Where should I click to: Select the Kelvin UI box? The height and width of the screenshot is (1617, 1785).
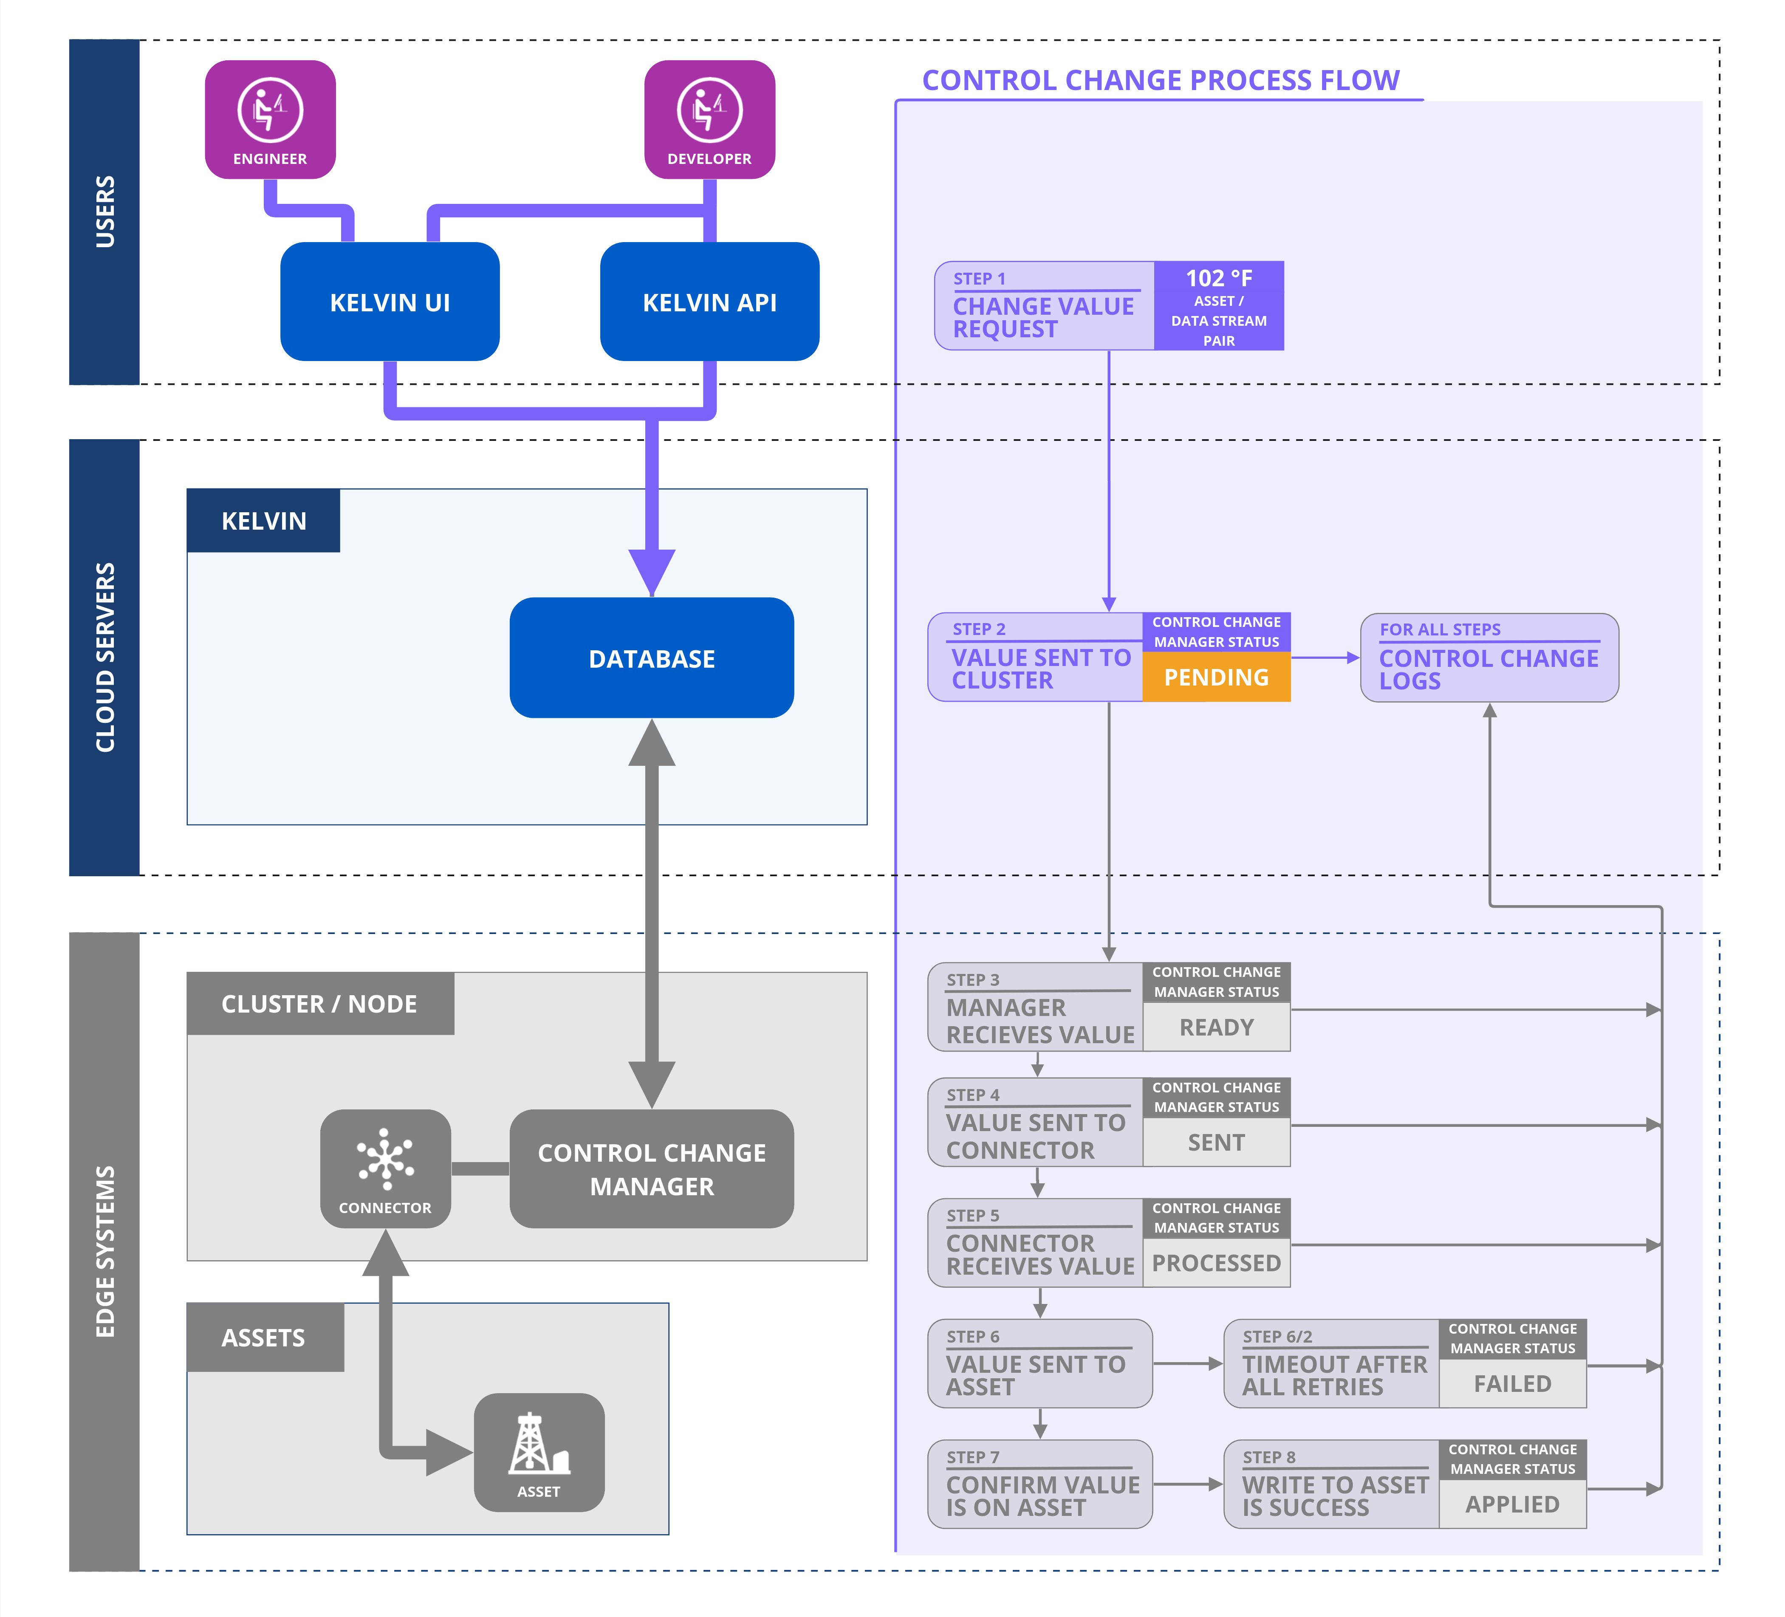390,302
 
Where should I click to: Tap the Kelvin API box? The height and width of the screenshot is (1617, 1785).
709,302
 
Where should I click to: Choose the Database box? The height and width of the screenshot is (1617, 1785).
652,658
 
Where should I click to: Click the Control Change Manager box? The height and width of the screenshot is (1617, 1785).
652,1169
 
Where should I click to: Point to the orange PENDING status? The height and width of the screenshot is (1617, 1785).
1217,677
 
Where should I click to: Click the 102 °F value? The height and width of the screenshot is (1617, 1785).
1219,278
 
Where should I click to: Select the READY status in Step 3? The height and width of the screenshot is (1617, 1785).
1217,1027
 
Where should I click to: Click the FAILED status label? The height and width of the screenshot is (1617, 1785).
1512,1383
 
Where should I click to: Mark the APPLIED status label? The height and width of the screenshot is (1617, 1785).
1512,1504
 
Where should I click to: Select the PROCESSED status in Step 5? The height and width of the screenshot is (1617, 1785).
1217,1263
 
